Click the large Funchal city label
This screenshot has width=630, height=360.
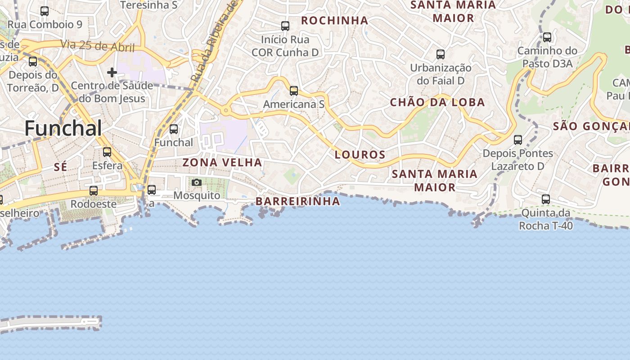pos(63,128)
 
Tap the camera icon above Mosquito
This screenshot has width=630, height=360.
pos(197,182)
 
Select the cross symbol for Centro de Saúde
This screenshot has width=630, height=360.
pos(112,72)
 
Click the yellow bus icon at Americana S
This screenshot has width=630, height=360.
pos(294,91)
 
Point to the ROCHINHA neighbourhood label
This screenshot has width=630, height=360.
pos(334,21)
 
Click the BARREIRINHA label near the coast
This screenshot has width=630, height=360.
pos(298,202)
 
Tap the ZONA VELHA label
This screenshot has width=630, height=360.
pos(222,162)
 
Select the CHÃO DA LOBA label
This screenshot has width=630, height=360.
pos(437,103)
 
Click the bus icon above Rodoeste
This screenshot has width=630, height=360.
pos(94,191)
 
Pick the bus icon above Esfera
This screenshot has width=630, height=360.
pos(107,152)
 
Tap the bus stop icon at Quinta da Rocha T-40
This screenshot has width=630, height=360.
pos(546,199)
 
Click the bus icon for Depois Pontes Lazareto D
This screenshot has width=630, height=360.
pos(518,140)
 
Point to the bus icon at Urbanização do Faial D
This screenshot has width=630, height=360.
pos(441,54)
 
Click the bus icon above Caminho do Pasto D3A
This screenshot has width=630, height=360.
pos(547,37)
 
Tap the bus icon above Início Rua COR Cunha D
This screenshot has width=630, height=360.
pos(285,26)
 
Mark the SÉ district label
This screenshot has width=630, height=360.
pos(60,167)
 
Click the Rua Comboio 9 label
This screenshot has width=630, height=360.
pos(45,25)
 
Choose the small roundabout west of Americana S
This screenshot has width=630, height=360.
pos(225,110)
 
